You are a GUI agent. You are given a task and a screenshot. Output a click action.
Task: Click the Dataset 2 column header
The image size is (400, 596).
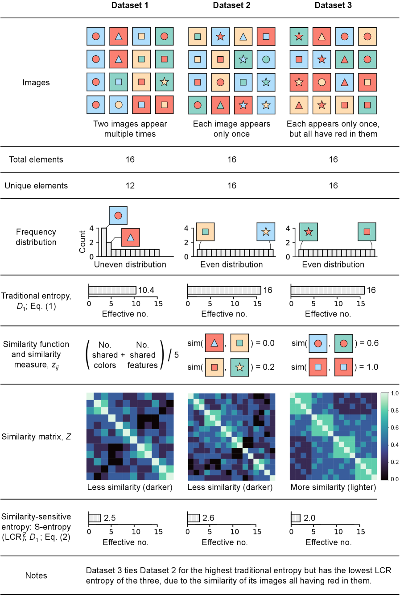click(231, 5)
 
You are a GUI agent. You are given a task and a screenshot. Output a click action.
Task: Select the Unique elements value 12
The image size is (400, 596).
click(130, 186)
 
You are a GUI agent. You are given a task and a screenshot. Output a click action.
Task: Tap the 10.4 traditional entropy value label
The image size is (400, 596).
click(146, 290)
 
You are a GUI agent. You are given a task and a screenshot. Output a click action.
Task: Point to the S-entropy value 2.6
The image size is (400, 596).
click(208, 518)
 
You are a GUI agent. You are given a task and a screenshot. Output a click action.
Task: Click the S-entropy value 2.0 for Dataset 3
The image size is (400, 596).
click(309, 518)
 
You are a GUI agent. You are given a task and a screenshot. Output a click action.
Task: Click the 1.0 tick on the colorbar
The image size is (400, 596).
click(394, 393)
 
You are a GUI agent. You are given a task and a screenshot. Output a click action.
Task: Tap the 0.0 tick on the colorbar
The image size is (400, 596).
click(394, 479)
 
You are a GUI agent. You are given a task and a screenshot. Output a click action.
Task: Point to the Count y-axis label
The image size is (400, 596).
click(82, 242)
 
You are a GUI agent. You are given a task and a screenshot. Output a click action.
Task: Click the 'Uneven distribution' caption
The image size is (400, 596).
click(130, 264)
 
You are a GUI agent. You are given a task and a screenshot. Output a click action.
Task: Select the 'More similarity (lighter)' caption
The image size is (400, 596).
click(333, 487)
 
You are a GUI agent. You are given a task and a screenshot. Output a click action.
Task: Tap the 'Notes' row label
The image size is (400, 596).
click(36, 575)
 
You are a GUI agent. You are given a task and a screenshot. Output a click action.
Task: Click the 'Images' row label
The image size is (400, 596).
click(36, 83)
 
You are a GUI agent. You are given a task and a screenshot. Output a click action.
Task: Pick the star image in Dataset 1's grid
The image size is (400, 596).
click(164, 82)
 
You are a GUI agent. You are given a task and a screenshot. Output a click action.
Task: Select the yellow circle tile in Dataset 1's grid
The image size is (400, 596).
click(119, 105)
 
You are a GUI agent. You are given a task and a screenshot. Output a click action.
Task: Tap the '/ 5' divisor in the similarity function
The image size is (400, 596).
click(173, 355)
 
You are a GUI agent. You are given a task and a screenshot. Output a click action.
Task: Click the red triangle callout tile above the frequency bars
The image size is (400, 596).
click(130, 237)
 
